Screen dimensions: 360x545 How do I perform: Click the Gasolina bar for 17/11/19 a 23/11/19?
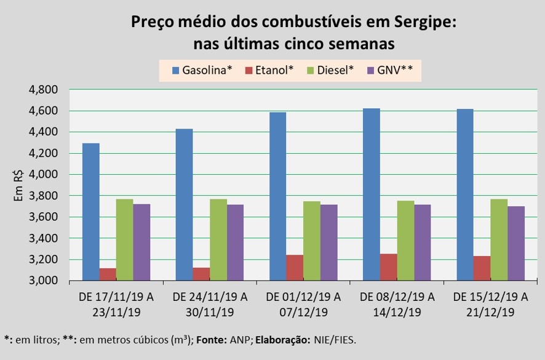pyautogui.click(x=90, y=212)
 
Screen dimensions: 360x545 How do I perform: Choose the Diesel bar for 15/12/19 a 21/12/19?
pyautogui.click(x=498, y=239)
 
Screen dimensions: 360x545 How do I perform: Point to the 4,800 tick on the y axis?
pyautogui.click(x=43, y=90)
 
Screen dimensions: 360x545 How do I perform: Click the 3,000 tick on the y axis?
pyautogui.click(x=43, y=281)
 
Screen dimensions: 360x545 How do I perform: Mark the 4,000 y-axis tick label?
pyautogui.click(x=43, y=175)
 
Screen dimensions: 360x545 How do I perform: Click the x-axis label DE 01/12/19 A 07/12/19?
pyautogui.click(x=303, y=304)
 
